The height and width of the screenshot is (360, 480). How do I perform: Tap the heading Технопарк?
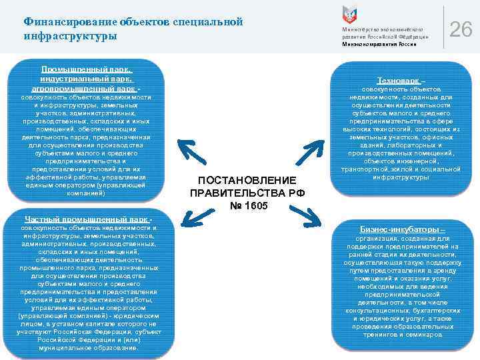(403, 80)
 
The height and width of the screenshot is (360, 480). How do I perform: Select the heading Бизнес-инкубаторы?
(402, 229)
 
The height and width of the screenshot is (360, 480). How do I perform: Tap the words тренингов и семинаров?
(402, 335)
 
